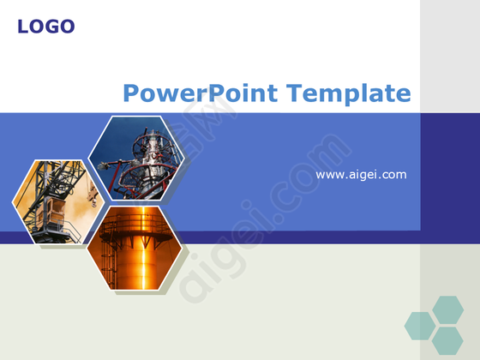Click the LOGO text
click(x=46, y=27)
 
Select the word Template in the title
click(x=348, y=93)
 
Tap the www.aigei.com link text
click(x=361, y=175)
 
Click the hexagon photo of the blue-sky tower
click(x=136, y=159)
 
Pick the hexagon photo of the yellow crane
click(x=58, y=201)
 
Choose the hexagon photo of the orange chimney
click(x=135, y=248)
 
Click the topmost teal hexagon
click(x=447, y=309)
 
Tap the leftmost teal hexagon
click(x=420, y=326)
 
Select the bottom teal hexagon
click(x=447, y=341)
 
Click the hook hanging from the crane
click(x=93, y=197)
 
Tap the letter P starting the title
click(x=131, y=93)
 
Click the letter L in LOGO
click(x=23, y=27)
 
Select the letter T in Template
click(x=294, y=93)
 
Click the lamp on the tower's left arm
click(x=104, y=166)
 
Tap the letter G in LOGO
click(x=53, y=27)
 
